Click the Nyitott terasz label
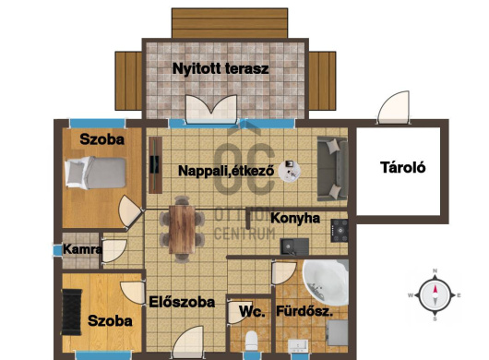click(221, 68)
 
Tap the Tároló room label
click(403, 167)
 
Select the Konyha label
click(295, 219)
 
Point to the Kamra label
click(82, 249)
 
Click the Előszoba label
click(182, 302)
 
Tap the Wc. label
click(252, 312)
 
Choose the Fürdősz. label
click(304, 311)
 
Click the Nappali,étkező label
click(226, 171)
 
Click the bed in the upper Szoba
click(95, 173)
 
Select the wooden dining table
click(182, 229)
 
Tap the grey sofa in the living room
click(332, 168)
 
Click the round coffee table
click(290, 171)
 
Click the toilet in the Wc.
click(251, 341)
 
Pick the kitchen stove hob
click(340, 231)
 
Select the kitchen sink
click(294, 246)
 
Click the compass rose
click(435, 294)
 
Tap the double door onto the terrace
click(211, 109)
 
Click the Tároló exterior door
click(394, 107)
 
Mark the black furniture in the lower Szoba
click(72, 312)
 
